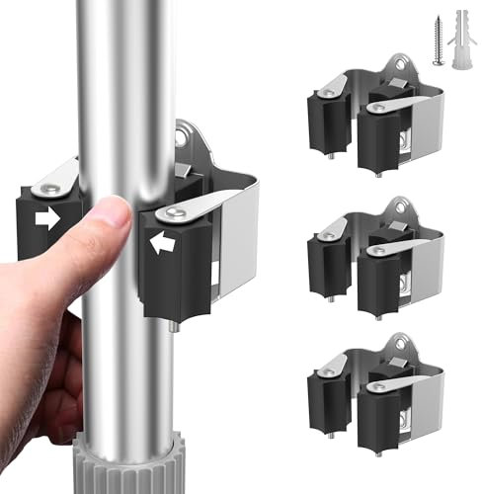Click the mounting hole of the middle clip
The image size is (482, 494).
tap(399, 206)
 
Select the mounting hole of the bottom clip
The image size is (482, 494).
tap(399, 344)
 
